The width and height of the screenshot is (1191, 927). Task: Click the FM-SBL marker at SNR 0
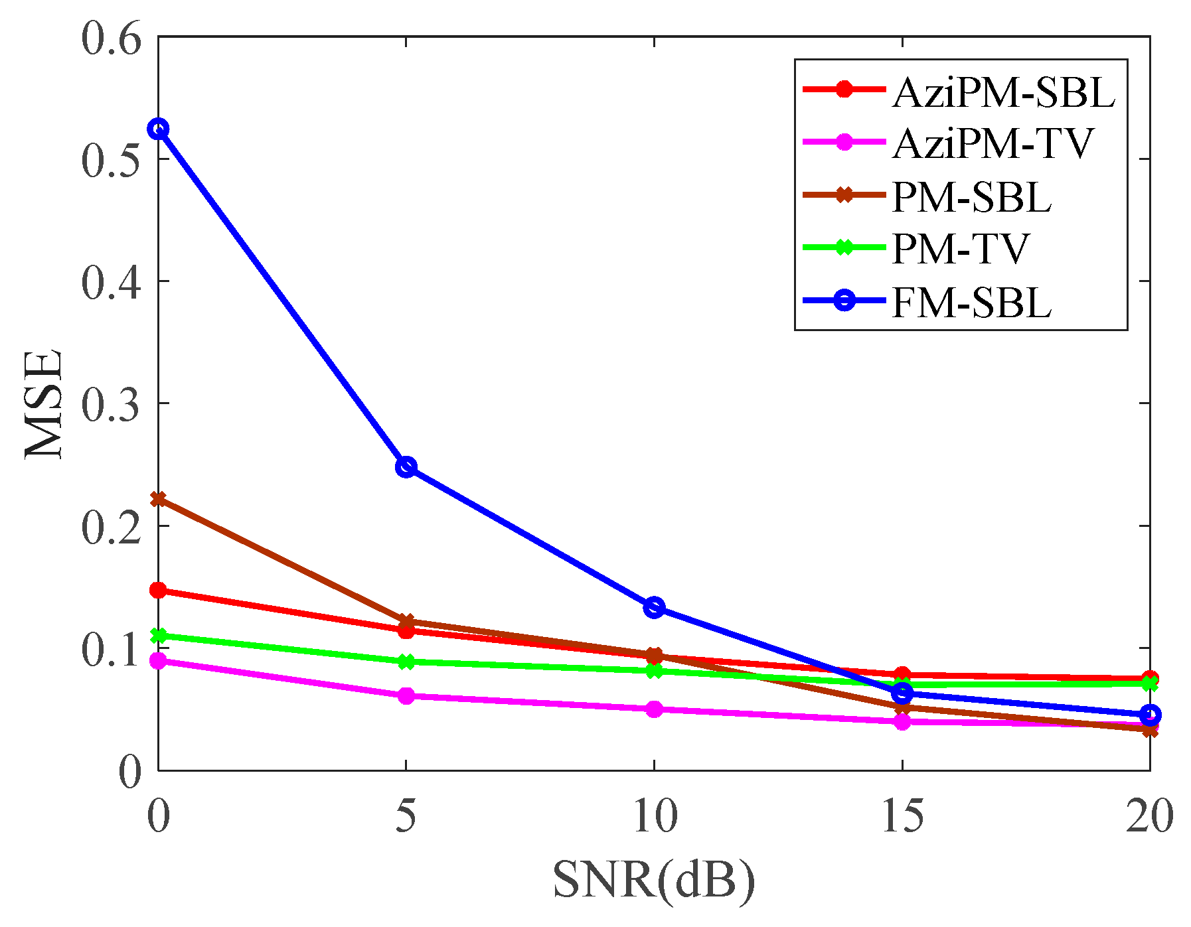point(158,129)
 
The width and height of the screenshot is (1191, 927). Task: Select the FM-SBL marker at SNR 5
point(406,466)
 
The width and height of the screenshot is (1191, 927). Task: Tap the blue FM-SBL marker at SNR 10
point(655,607)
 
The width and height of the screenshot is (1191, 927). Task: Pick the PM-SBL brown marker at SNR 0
point(158,499)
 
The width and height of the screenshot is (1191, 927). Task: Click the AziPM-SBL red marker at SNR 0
point(158,591)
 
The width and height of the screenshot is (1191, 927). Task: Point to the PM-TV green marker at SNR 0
point(158,636)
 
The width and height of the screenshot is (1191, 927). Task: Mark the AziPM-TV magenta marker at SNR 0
point(158,661)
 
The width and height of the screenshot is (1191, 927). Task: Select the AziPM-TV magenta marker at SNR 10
point(655,709)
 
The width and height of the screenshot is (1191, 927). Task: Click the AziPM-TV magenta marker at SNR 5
point(406,696)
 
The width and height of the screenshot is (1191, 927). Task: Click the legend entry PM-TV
point(959,248)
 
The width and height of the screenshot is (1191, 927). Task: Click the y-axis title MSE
point(44,403)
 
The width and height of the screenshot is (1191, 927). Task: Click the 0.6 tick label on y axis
point(112,38)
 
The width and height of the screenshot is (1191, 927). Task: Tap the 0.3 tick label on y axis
point(112,403)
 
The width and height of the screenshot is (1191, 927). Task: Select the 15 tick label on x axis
point(902,816)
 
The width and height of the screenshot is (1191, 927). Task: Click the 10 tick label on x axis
point(654,816)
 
